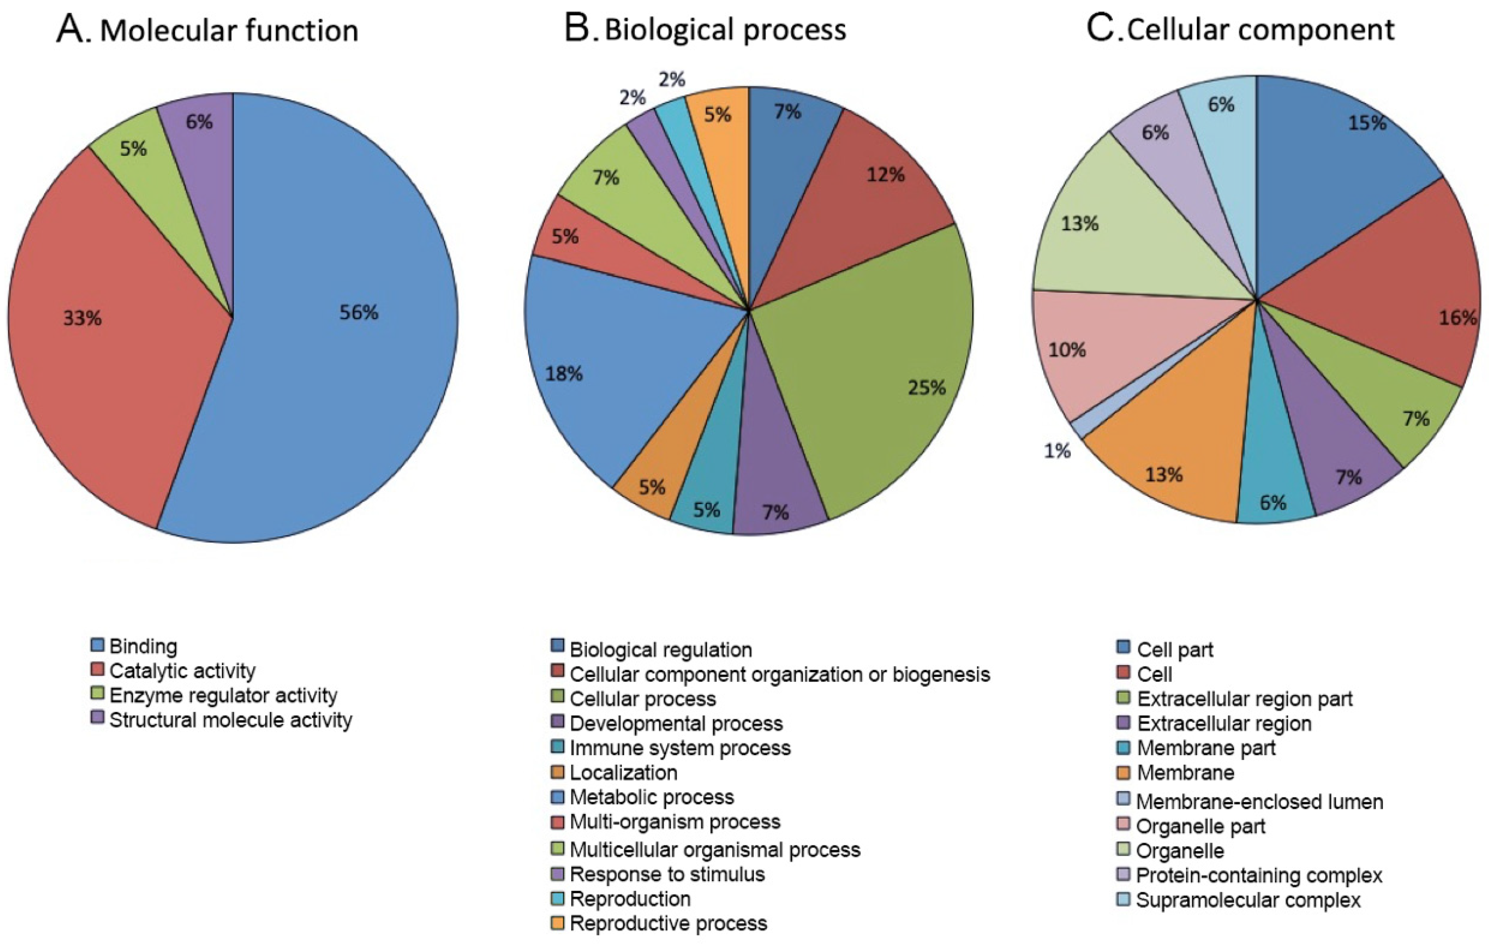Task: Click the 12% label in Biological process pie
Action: point(885,175)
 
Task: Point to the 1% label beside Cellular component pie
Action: point(1057,451)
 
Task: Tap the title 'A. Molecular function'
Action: point(208,30)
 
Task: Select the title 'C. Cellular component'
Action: point(1240,30)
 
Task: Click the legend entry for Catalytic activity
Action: point(182,671)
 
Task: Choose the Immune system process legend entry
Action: point(680,748)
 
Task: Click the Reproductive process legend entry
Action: point(668,923)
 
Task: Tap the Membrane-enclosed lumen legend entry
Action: point(1259,802)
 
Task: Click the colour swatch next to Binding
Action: point(97,645)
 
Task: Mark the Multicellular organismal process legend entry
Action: point(714,849)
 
